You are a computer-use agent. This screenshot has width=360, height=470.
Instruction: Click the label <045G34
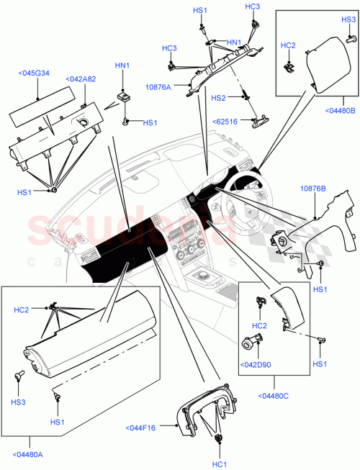point(35,73)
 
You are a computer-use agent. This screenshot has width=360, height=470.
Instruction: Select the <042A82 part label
point(80,78)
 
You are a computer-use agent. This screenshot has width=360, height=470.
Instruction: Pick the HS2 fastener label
point(218,97)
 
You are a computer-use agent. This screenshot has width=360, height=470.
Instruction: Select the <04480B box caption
point(338,109)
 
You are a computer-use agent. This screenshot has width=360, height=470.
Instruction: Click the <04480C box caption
point(274,394)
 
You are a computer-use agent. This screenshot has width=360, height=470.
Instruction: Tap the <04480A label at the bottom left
point(28,454)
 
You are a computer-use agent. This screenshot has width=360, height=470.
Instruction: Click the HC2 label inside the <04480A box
point(22,310)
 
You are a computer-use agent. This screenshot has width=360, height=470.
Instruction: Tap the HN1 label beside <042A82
point(122,65)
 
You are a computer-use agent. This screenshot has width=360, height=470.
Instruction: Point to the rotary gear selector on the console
point(204,277)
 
